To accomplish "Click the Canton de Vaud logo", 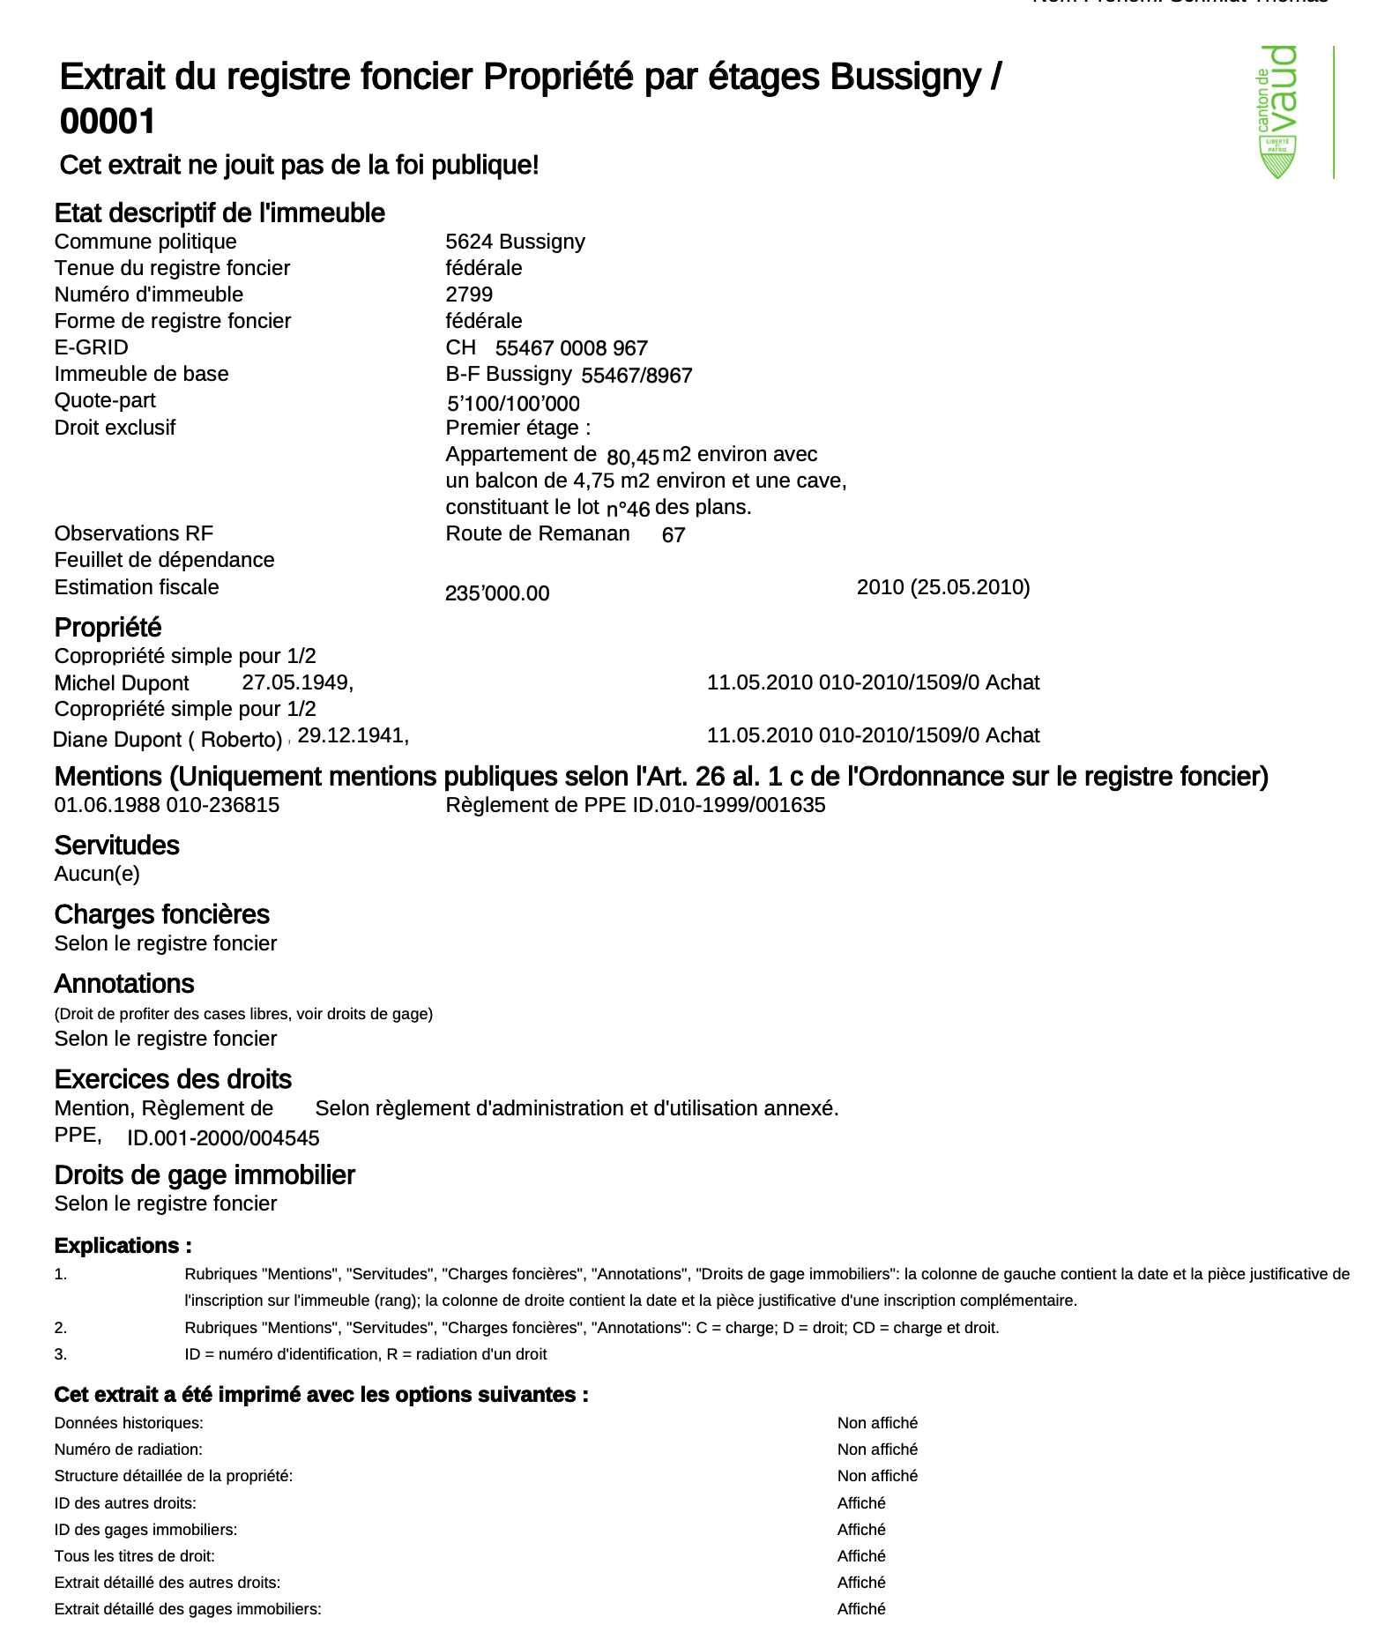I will (1278, 112).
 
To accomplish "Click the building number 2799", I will (469, 294).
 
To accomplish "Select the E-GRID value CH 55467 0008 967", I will (547, 348).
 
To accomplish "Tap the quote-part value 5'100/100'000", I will (513, 404).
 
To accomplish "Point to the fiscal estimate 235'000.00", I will (497, 593).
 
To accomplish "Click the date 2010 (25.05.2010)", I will (943, 587).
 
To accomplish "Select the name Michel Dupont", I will (122, 683).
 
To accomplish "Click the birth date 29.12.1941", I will (353, 735).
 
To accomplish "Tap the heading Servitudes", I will (116, 846).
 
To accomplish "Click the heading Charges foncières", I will (161, 914).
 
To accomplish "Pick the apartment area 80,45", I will (633, 457).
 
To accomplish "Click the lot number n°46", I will (628, 509).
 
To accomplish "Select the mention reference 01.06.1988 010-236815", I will (167, 805).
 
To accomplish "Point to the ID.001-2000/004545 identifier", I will (223, 1138).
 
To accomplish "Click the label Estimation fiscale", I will (137, 587).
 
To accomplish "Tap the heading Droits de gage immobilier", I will (205, 1175).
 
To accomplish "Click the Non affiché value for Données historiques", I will (877, 1423).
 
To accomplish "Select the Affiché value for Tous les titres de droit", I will (861, 1556).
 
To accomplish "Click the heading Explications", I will (123, 1246).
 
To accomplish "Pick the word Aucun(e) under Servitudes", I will (97, 874).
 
